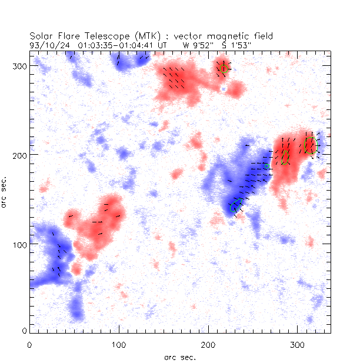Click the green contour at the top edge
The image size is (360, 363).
point(224,68)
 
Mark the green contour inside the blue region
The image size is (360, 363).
point(236,205)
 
